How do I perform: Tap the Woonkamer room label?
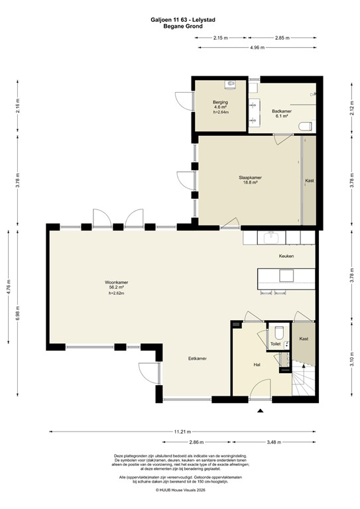116,283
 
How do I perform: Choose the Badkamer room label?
282,112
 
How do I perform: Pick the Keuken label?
286,255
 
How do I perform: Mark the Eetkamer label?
197,359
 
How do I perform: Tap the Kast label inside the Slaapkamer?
309,180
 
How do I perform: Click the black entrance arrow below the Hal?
260,412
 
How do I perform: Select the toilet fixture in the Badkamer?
306,125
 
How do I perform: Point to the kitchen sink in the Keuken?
270,237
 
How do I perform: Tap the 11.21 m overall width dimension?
180,431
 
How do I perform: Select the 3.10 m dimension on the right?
351,361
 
